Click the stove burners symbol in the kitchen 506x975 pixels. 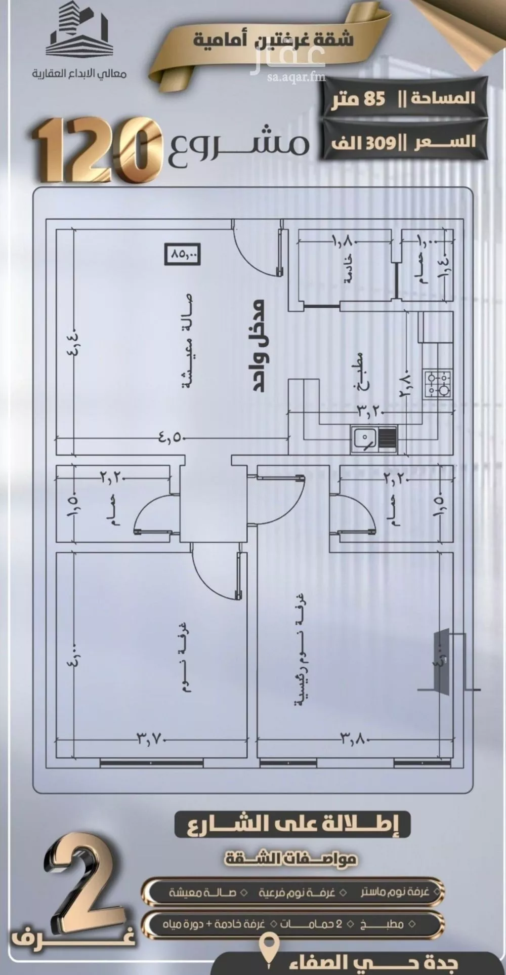click(x=438, y=383)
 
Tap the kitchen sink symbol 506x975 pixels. click(x=374, y=437)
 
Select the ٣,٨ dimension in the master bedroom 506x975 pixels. click(x=353, y=738)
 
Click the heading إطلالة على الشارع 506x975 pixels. click(x=292, y=825)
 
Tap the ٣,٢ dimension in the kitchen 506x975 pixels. click(x=370, y=411)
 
